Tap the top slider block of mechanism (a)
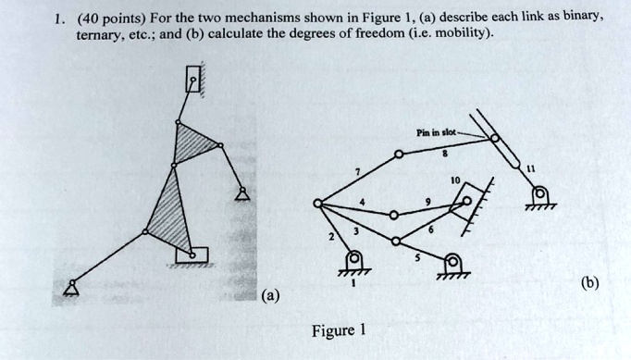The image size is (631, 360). (x=192, y=81)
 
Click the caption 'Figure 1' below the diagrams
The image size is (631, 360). (x=340, y=329)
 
